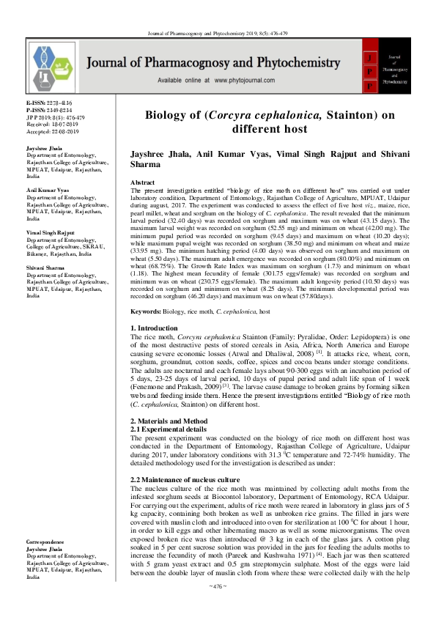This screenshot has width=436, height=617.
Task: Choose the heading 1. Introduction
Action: pyautogui.click(x=157, y=327)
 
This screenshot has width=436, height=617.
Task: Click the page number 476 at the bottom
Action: pyautogui.click(x=218, y=606)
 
